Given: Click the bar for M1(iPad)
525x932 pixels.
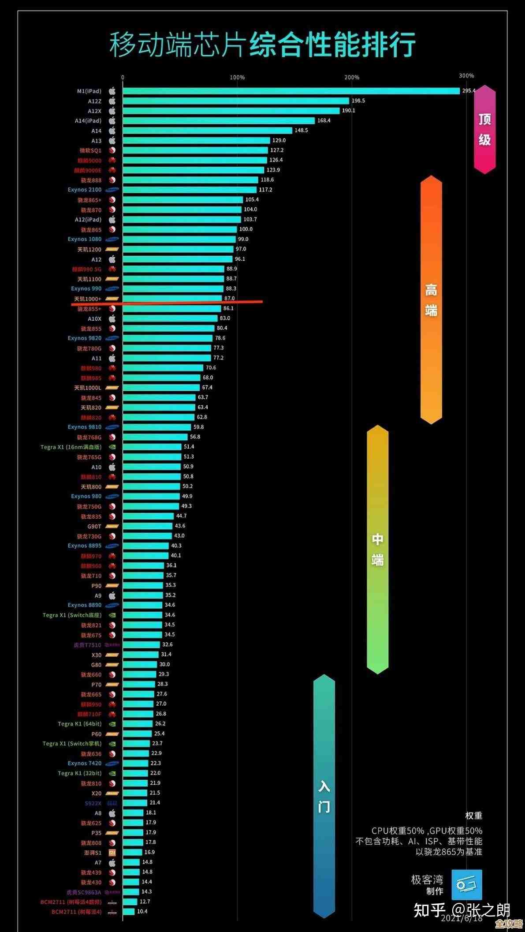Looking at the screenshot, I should [x=291, y=91].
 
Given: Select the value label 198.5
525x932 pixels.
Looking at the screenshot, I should [x=358, y=101].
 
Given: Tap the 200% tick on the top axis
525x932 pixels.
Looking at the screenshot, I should [x=352, y=77].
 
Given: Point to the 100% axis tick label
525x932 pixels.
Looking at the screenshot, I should [x=237, y=77].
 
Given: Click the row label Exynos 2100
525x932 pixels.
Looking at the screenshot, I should [x=85, y=190].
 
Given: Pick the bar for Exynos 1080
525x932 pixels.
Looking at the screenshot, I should [x=179, y=239].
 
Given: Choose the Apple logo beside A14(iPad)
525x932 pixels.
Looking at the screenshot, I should [x=112, y=120].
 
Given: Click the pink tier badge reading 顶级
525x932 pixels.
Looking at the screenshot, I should [x=485, y=129].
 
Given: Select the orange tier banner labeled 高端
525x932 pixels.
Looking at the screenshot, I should [x=431, y=300].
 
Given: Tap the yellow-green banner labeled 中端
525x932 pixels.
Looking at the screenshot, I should [x=377, y=550].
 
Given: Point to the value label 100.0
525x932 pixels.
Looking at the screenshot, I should [x=246, y=229].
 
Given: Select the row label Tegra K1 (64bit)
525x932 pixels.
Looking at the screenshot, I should [x=79, y=724].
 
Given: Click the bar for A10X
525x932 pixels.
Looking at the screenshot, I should [x=170, y=318].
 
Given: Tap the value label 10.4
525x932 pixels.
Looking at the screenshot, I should [x=142, y=911].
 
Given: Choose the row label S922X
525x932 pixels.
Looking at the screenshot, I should [x=93, y=803].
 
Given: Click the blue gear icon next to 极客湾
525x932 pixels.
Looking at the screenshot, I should [x=466, y=884].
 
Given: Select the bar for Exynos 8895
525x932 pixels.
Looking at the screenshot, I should [x=145, y=546].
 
